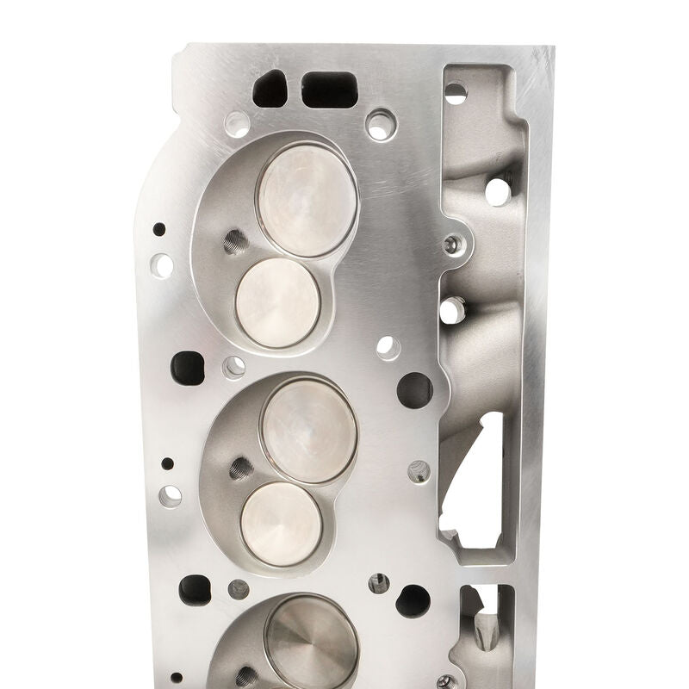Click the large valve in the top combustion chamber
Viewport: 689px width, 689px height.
point(307,200)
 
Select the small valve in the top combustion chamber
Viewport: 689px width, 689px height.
point(277,302)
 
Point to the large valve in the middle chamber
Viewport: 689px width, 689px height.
point(308,430)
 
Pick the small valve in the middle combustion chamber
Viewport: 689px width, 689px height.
point(281,524)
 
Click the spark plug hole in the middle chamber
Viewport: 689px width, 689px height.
point(240,469)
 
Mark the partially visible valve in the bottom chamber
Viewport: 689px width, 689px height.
point(311,641)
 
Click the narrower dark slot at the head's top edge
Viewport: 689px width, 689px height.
point(270,89)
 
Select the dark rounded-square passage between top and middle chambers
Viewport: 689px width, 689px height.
point(188,368)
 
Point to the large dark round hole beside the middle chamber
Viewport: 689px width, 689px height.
point(414,390)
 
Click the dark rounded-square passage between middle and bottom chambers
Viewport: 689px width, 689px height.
point(195,590)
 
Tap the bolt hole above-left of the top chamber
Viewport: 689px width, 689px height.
point(237,124)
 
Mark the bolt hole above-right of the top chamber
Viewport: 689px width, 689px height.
point(380,124)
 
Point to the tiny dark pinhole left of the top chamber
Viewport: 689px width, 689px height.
point(159,229)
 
